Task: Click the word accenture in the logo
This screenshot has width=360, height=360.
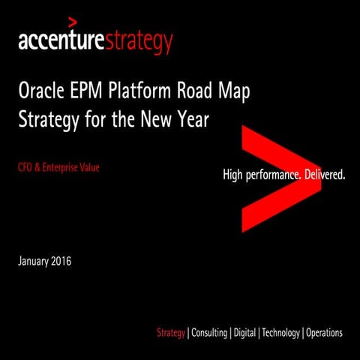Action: click(x=64, y=40)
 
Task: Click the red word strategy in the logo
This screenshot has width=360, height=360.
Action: click(x=142, y=42)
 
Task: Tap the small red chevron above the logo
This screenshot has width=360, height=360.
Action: click(x=72, y=21)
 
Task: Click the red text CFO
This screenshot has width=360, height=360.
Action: click(x=26, y=168)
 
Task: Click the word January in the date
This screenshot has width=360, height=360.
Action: click(x=34, y=262)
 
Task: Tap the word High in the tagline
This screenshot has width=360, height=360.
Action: click(x=235, y=175)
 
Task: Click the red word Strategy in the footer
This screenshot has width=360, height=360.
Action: click(x=170, y=332)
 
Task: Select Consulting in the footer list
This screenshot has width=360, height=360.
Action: click(x=209, y=332)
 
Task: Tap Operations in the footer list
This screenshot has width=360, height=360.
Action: click(x=324, y=332)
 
